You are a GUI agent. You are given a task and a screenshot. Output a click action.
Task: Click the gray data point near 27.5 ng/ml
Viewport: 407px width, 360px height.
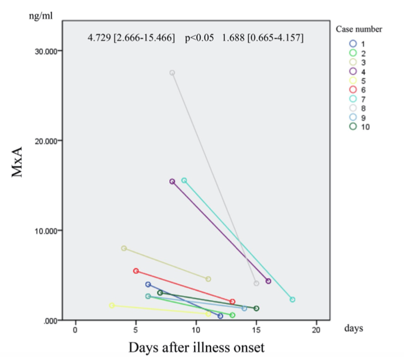click(x=172, y=73)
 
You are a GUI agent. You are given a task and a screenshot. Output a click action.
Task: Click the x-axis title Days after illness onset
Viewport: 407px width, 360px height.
click(x=196, y=348)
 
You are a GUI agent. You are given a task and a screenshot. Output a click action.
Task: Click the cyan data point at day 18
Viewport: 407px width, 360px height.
click(x=292, y=300)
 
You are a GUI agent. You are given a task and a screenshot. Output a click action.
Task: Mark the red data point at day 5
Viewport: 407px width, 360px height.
click(x=136, y=271)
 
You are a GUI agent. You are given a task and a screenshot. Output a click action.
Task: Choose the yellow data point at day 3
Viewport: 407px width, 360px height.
click(x=112, y=306)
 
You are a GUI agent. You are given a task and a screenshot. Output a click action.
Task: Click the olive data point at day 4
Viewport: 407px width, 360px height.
click(x=124, y=248)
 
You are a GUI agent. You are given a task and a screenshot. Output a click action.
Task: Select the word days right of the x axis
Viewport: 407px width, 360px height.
click(x=353, y=328)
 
